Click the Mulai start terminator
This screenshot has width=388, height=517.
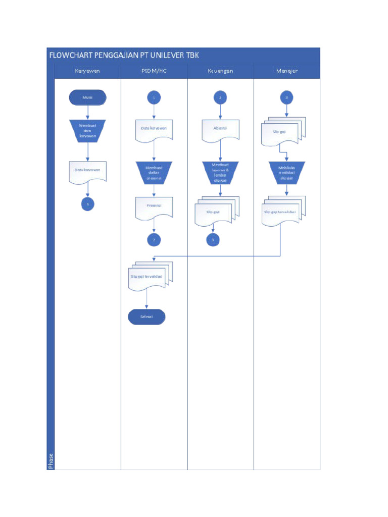(88, 97)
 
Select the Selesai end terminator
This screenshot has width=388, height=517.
(147, 317)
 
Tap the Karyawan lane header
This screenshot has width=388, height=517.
(87, 71)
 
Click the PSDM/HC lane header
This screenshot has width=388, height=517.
(154, 71)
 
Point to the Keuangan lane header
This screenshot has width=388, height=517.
(220, 71)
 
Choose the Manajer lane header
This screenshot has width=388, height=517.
(286, 71)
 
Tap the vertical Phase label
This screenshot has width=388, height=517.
(51, 461)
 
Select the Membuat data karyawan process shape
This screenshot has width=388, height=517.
(88, 131)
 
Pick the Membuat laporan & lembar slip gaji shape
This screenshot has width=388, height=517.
(220, 173)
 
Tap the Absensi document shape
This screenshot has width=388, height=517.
(220, 129)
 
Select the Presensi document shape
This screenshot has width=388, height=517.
(154, 207)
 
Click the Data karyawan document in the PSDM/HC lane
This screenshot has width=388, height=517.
(154, 129)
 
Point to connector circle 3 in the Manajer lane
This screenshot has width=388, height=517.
(286, 97)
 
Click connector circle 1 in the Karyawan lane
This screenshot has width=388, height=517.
(88, 203)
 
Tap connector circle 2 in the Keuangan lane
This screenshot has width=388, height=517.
(220, 97)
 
